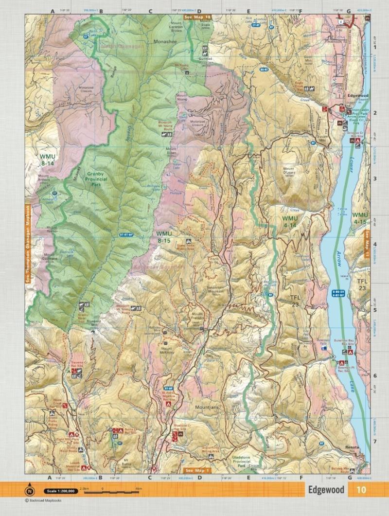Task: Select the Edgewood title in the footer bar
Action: [325, 490]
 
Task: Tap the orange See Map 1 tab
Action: [198, 471]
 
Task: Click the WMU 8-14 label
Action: [48, 160]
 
